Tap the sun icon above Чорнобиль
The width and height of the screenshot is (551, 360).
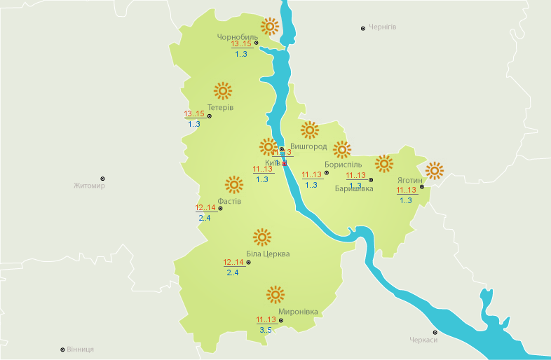[x=270, y=27]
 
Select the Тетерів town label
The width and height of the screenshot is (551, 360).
[x=220, y=107]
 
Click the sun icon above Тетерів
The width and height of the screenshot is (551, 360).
[x=222, y=90]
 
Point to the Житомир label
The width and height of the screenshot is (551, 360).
[x=89, y=186]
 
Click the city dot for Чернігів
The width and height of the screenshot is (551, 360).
[x=362, y=28]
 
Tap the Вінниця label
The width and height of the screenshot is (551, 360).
[x=81, y=349]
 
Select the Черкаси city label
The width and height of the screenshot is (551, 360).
[x=423, y=340]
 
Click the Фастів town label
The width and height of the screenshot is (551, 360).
[x=229, y=201]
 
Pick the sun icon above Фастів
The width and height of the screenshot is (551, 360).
[x=233, y=185]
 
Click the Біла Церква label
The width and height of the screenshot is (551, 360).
[x=268, y=254]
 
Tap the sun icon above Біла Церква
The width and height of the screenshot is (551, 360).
[x=262, y=237]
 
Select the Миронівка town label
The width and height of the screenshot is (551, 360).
[x=298, y=311]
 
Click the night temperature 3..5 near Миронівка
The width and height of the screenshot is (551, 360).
[x=265, y=330]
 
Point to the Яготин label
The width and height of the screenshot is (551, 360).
[x=411, y=179]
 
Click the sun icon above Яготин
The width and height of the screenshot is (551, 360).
[x=435, y=170]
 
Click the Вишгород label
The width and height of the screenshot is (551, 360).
[x=308, y=146]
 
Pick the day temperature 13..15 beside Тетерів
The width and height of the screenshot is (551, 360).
[x=194, y=114]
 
